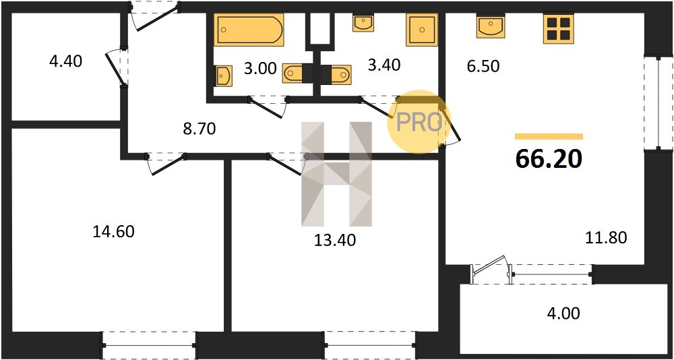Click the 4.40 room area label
pos(65,61)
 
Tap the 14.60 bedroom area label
pos(113,232)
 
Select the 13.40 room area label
pos(335,241)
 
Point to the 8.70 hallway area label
pos(199,129)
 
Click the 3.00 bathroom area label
pos(260,68)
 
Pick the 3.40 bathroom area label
pos(384,65)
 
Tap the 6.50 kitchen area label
pos(483,67)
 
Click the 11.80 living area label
pos(606,237)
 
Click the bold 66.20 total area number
pos(549,158)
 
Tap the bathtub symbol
pos(249,30)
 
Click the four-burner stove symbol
pos(558,28)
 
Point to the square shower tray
pos(422,29)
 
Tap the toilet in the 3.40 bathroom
pos(336,74)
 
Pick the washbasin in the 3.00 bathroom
pos(223,76)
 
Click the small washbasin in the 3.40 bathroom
pos(363,22)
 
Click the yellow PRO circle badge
pos(419,122)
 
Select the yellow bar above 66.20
pos(549,136)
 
